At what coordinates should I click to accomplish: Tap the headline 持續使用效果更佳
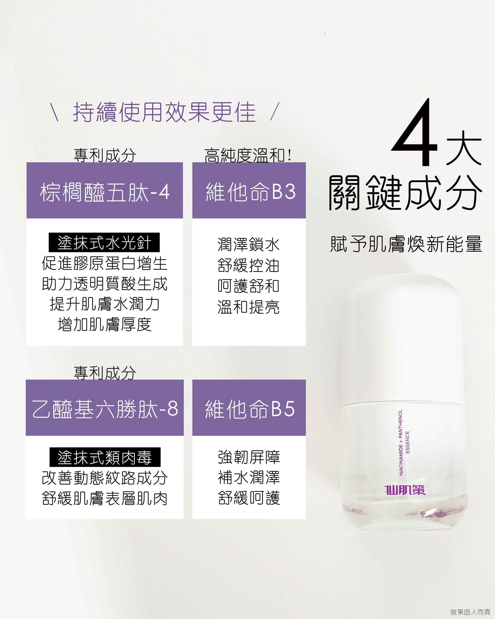tap(164, 112)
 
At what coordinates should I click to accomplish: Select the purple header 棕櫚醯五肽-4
tap(104, 192)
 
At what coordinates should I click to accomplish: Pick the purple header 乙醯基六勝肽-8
tap(104, 409)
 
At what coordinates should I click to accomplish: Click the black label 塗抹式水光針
tap(104, 243)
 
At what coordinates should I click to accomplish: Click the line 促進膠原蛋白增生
tap(104, 263)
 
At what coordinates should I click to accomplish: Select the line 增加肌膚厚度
tap(104, 325)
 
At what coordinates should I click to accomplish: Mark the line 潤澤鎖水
tap(248, 245)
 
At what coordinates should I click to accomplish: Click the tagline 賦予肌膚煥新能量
tap(406, 244)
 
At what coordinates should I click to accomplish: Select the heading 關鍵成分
tap(405, 193)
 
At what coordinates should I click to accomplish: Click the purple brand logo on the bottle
tap(405, 490)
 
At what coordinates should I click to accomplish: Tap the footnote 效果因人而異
tap(470, 612)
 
